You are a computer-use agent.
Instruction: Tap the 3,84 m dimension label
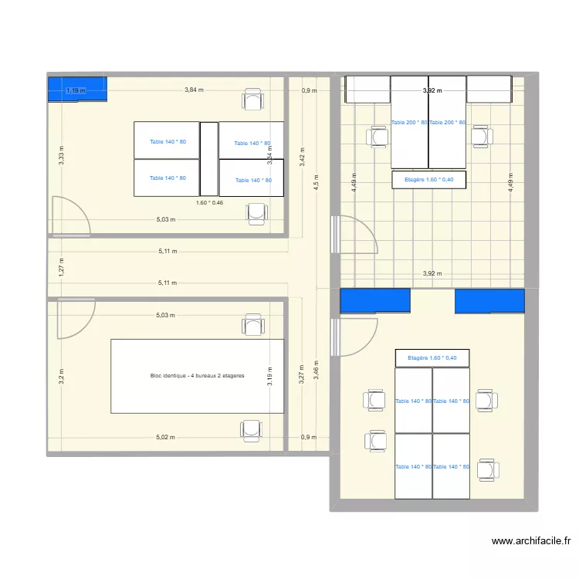194,90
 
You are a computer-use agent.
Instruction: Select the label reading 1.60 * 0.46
209,202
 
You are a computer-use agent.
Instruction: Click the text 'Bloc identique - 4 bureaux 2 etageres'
198,376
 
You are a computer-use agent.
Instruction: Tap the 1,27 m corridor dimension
61,266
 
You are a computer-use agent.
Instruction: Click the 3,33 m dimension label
61,156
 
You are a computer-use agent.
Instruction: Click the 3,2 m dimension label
61,376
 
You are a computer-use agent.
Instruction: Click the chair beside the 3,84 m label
252,100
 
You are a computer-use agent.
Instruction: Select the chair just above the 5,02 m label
252,429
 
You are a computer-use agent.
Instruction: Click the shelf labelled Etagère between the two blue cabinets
432,358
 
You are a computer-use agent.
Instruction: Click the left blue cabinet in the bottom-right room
374,301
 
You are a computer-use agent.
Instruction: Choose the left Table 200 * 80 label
409,123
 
